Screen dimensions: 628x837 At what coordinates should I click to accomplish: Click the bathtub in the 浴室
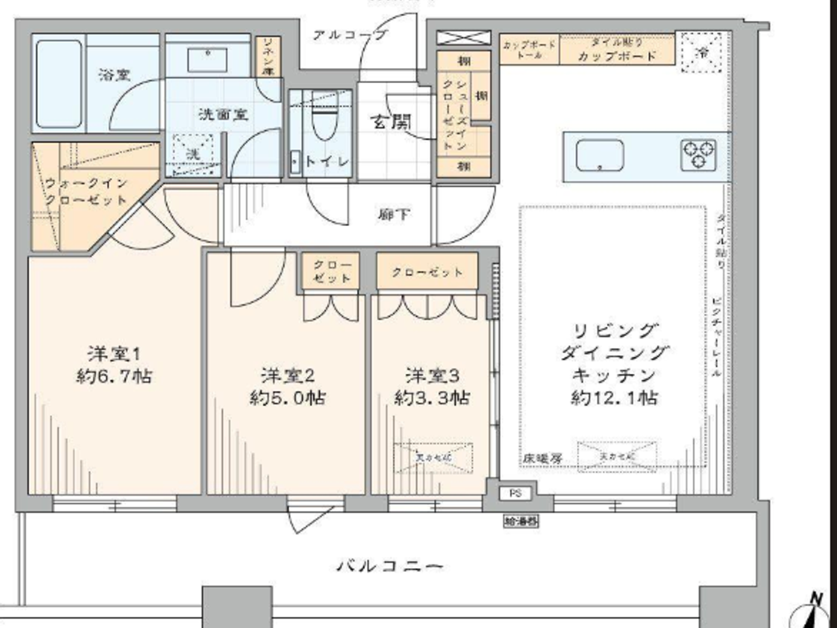click(x=59, y=84)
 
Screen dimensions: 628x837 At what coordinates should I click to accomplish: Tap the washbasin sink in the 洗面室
click(x=207, y=60)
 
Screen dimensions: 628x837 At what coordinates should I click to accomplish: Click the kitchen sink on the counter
click(x=600, y=156)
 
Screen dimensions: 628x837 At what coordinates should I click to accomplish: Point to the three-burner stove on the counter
click(x=698, y=154)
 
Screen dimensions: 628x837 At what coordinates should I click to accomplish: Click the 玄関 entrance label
click(x=392, y=122)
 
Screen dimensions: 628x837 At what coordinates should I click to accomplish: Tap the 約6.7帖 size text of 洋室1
click(x=114, y=376)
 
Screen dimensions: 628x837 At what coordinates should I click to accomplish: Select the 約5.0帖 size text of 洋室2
click(x=288, y=398)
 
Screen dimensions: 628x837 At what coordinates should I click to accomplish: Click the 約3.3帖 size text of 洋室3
click(x=432, y=398)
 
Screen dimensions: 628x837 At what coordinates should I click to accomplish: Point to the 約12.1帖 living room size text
click(x=615, y=398)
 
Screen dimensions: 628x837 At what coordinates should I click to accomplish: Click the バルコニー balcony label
click(x=390, y=565)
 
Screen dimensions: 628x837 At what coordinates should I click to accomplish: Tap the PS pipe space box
click(x=515, y=493)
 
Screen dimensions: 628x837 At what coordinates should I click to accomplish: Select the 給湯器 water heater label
click(x=521, y=521)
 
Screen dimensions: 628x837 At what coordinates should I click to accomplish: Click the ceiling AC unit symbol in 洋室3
click(x=433, y=458)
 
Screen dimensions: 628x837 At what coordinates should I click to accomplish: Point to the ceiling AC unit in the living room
click(x=616, y=456)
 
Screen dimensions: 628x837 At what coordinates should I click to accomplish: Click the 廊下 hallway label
click(x=394, y=214)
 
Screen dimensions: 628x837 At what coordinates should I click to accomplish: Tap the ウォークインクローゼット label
click(x=87, y=191)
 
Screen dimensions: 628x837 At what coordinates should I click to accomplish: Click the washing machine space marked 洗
click(x=193, y=154)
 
